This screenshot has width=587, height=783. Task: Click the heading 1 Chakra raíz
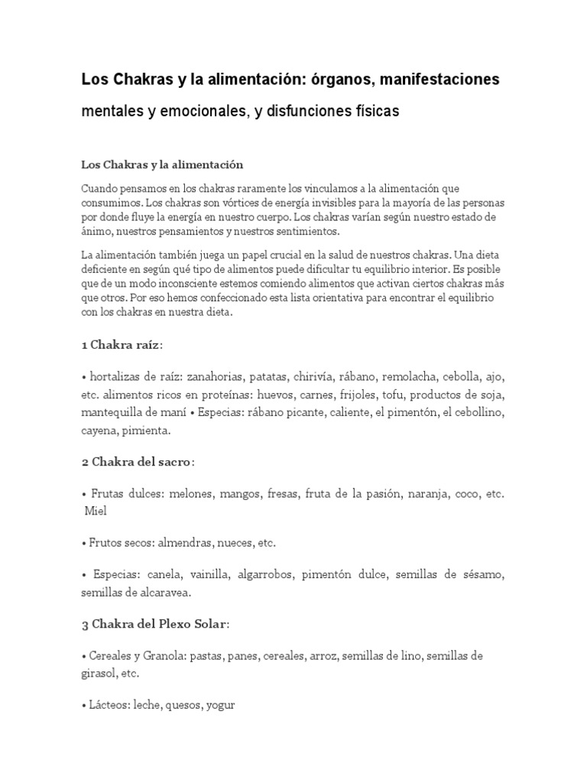[x=121, y=346]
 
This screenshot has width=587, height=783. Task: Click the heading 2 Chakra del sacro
[x=138, y=463]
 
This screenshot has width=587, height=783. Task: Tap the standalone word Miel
[x=96, y=511]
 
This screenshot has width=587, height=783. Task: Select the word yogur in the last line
[x=219, y=705]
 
